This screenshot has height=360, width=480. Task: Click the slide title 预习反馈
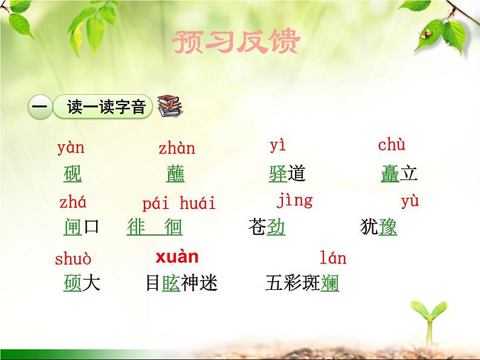[236, 42]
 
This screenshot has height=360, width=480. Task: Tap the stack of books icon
[169, 106]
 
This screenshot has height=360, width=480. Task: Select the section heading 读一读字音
[106, 108]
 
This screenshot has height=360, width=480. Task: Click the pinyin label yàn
[71, 147]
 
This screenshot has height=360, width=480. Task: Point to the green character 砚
[73, 175]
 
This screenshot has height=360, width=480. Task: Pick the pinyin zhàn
[177, 148]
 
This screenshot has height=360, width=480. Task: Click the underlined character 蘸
[175, 175]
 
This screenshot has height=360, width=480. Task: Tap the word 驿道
[287, 175]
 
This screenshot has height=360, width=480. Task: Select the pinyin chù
[392, 145]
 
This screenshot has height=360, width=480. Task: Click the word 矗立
[399, 175]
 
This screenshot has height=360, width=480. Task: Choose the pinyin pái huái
[179, 203]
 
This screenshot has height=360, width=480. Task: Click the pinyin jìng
[294, 200]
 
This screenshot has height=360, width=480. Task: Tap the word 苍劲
[267, 227]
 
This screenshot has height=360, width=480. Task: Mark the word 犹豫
[378, 227]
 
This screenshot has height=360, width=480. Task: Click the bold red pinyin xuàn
[177, 257]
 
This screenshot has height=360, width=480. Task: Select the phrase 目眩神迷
[181, 283]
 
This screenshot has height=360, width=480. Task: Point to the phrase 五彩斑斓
[302, 283]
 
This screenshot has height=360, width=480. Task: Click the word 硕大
[82, 283]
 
